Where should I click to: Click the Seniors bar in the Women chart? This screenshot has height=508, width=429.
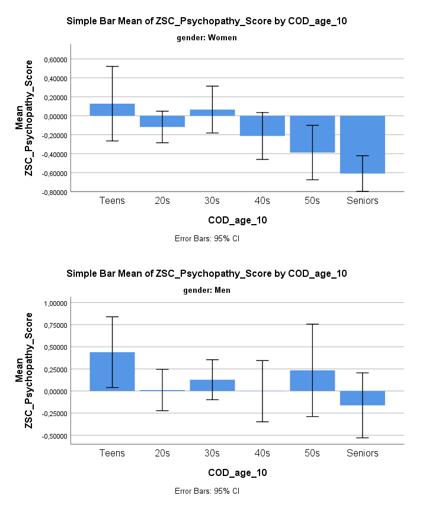[x=363, y=145]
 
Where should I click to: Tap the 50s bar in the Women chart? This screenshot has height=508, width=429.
[x=312, y=134]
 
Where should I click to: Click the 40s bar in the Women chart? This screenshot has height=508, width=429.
[x=262, y=126]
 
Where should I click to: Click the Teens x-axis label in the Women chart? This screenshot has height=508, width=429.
[x=113, y=201]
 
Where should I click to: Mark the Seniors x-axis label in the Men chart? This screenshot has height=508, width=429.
[x=363, y=453]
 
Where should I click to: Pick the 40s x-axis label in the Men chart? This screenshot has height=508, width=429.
[x=262, y=453]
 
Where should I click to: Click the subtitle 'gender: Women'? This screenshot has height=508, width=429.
[x=207, y=38]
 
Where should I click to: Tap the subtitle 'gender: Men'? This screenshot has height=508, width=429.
[x=207, y=290]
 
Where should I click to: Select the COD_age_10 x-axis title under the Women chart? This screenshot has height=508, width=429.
[x=238, y=221]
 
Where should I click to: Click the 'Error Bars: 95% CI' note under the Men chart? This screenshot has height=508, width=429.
[x=207, y=491]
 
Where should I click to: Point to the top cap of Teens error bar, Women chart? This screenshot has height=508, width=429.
[x=113, y=66]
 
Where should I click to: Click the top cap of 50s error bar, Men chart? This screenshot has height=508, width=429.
[x=312, y=324]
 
